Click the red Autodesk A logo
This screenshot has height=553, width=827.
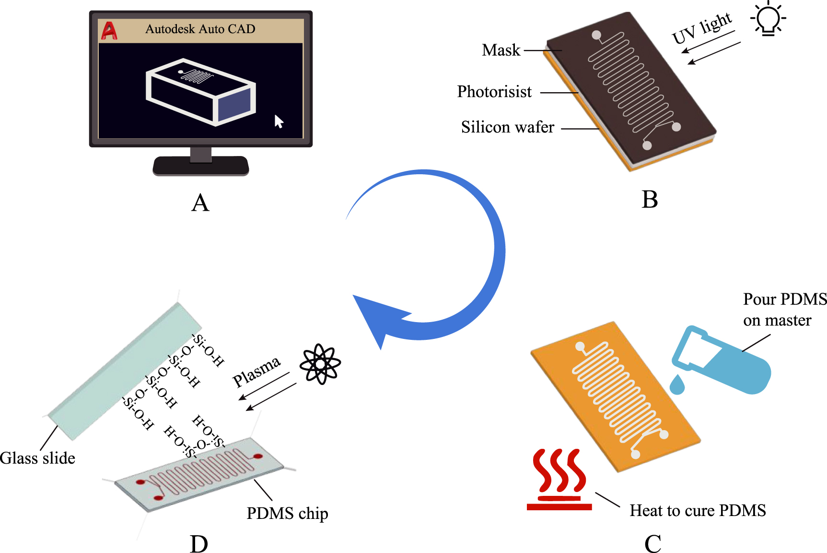click(109, 31)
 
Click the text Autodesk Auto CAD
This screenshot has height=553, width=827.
click(200, 29)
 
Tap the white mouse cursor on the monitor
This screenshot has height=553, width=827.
click(279, 121)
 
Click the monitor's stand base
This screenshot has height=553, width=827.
click(201, 167)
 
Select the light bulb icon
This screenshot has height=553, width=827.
click(768, 19)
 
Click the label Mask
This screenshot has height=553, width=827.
click(501, 50)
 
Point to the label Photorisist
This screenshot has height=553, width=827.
click(494, 91)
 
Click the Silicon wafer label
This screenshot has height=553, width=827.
click(507, 127)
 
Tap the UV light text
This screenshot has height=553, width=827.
click(702, 28)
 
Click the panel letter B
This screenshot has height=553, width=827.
click(650, 199)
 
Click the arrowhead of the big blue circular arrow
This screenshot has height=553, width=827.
click(379, 317)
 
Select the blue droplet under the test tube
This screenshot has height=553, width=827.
click(677, 385)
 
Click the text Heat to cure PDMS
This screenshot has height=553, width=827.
click(698, 510)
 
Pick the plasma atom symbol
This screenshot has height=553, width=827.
click(320, 364)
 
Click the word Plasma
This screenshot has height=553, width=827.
click(256, 372)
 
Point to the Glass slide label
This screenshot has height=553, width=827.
click(37, 458)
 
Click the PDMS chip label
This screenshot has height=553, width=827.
click(287, 513)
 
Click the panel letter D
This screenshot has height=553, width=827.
click(199, 544)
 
